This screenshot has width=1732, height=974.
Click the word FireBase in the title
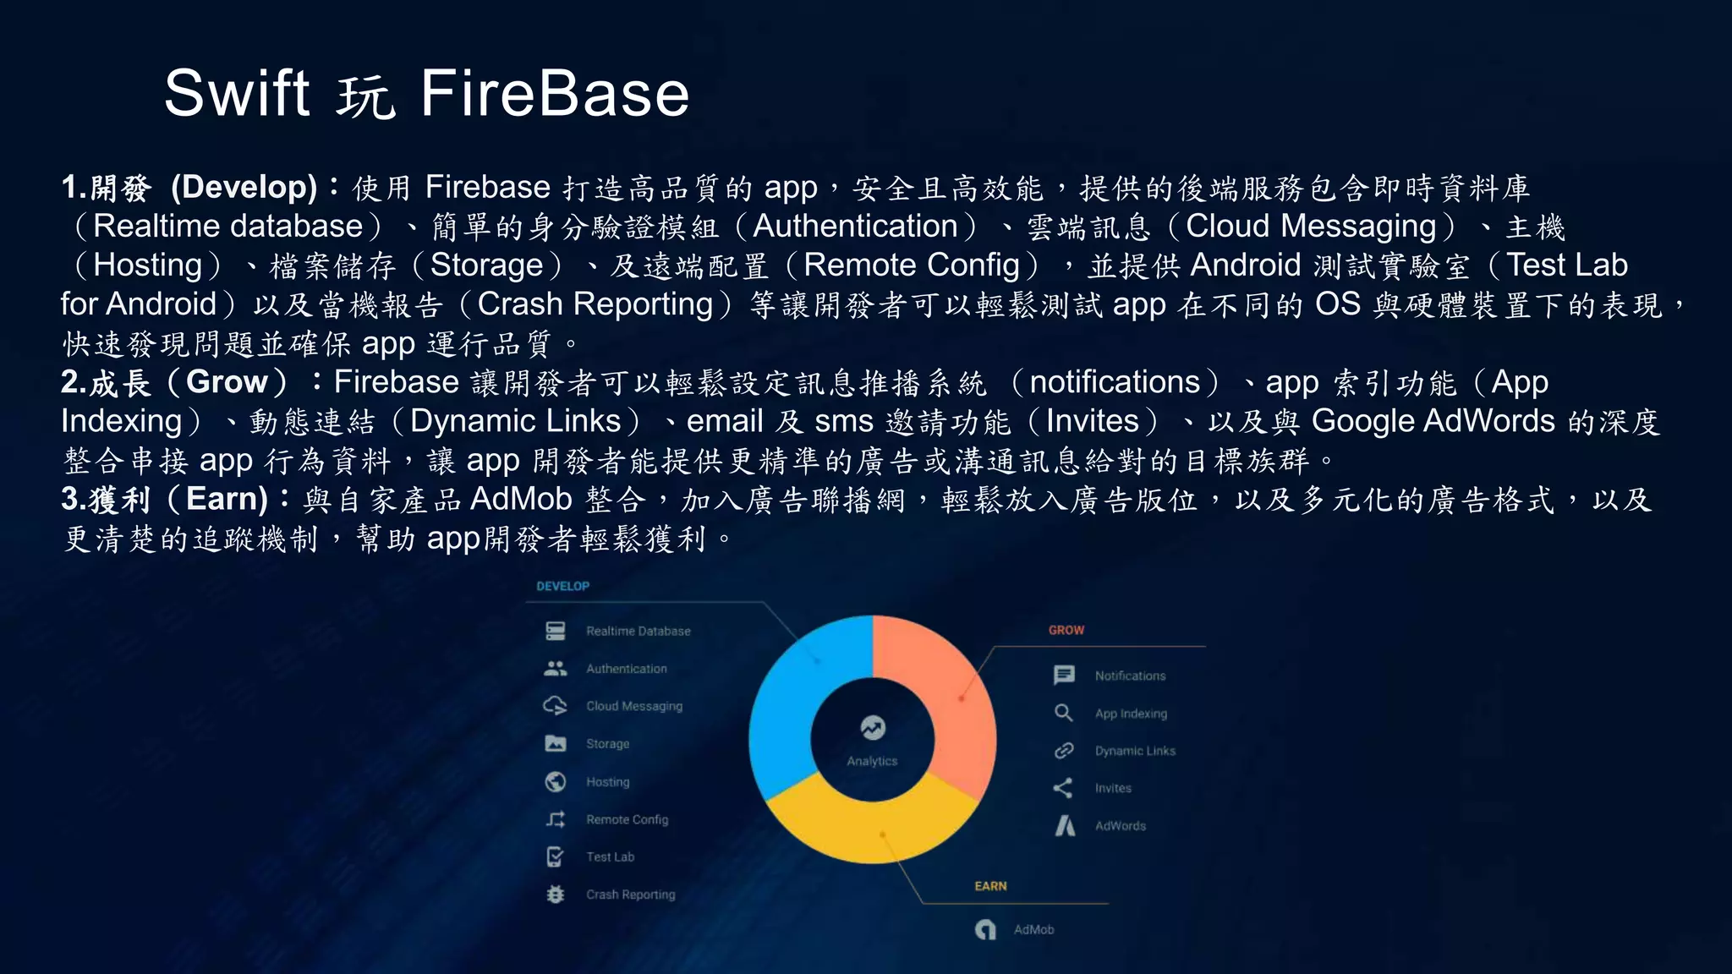click(555, 93)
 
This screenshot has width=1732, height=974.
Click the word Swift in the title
click(237, 93)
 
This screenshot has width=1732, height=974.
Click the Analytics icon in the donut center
click(873, 727)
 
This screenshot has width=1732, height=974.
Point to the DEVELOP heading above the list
click(562, 586)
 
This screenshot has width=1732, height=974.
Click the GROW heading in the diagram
click(1066, 630)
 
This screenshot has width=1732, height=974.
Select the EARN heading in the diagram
click(990, 886)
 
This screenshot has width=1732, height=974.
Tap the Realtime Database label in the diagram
click(638, 631)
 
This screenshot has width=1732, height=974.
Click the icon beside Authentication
click(556, 669)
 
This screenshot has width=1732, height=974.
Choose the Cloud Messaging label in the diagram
click(633, 706)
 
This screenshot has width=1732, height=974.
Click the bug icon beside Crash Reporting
click(556, 894)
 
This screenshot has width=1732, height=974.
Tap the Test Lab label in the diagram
click(610, 856)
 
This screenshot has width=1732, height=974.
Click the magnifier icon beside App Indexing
click(1064, 713)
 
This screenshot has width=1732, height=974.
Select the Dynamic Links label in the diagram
click(1135, 751)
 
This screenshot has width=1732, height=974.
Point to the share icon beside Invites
click(1063, 788)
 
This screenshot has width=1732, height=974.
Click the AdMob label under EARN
click(1033, 929)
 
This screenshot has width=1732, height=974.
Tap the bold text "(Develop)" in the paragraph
click(244, 187)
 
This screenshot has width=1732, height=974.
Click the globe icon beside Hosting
click(556, 782)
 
